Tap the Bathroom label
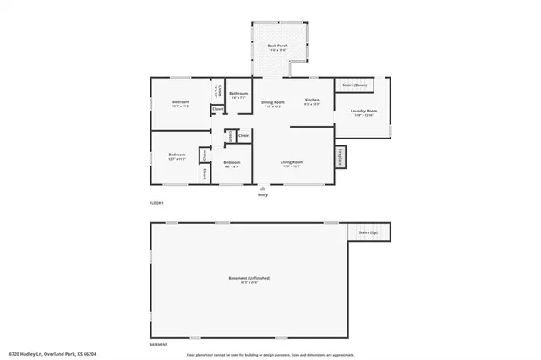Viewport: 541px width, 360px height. pos(239,95)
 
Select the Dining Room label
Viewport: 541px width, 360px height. pos(272,102)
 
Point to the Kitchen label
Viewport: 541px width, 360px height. pos(312,101)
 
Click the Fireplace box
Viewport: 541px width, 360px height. pos(341,156)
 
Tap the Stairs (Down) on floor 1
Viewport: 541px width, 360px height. pos(354,85)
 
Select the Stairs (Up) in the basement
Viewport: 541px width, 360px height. pos(369,231)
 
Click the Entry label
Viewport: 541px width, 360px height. pos(263,195)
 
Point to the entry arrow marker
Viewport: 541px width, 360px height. pos(263,187)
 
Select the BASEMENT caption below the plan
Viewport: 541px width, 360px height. pos(157,345)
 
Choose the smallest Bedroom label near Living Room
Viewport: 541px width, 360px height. pos(232,162)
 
